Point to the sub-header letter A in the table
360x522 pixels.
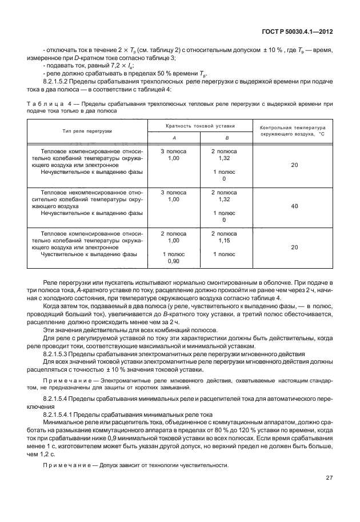(174, 137)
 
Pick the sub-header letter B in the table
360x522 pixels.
(227, 137)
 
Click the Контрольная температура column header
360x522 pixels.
(292, 131)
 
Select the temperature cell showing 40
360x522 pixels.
(294, 206)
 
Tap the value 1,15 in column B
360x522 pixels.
(224, 241)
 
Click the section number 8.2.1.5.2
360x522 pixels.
(61, 82)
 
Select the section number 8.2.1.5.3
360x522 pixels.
(61, 354)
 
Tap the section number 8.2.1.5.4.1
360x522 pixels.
(63, 413)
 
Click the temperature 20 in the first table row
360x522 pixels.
(294, 165)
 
